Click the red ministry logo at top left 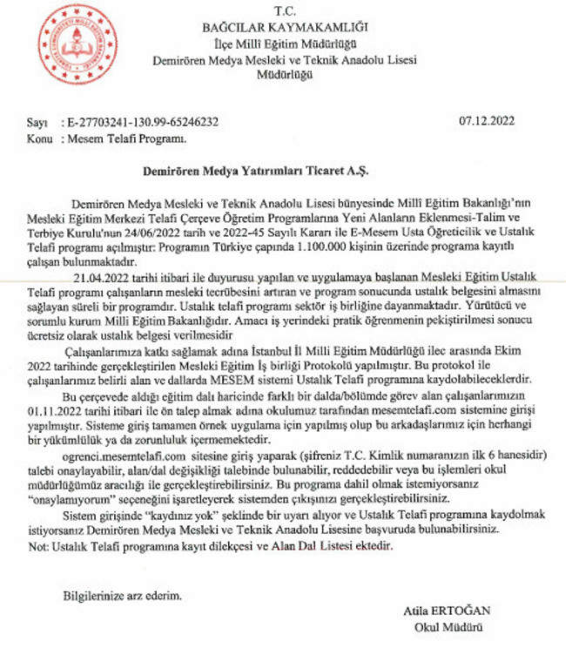coord(78,44)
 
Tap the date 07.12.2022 coord(488,122)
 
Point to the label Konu coord(38,138)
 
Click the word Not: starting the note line coord(37,546)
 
